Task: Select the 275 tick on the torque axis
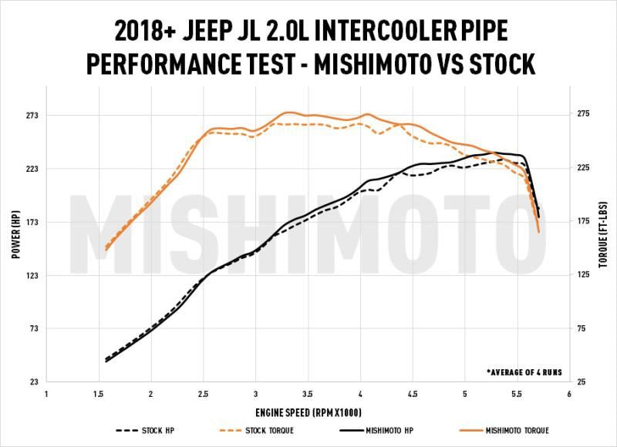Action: tap(581, 115)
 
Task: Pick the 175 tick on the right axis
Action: tap(581, 222)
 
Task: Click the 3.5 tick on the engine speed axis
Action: tap(308, 395)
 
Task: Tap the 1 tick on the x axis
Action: tap(47, 395)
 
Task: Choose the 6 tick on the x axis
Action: tap(568, 395)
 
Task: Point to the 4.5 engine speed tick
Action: tap(412, 395)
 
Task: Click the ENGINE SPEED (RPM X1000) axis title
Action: tap(308, 412)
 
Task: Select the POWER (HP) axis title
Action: tap(15, 249)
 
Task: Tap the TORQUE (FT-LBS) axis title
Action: tap(602, 248)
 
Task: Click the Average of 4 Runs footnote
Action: tap(524, 371)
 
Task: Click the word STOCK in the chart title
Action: tap(496, 64)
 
